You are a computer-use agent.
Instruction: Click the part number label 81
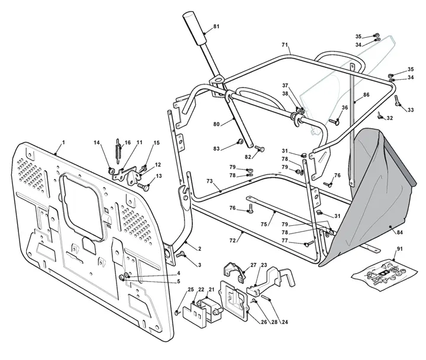click(x=217, y=27)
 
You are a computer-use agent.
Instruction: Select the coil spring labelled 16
click(x=118, y=151)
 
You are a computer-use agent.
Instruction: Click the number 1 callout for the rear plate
click(x=63, y=142)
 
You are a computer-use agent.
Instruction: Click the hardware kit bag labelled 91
click(x=381, y=275)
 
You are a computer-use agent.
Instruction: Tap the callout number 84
click(x=399, y=232)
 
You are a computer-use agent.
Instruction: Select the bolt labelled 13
click(x=144, y=187)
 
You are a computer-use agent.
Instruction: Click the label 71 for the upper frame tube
click(x=285, y=44)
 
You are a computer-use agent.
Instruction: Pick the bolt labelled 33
click(x=398, y=101)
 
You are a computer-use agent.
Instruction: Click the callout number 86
click(x=366, y=95)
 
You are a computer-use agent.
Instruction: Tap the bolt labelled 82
click(x=260, y=149)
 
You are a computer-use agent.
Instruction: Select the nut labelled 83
click(x=240, y=141)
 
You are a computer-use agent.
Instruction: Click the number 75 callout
click(x=264, y=224)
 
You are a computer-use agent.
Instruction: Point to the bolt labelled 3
click(x=180, y=254)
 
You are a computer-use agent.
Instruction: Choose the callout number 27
click(x=253, y=265)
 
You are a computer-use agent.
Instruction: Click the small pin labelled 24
click(x=266, y=297)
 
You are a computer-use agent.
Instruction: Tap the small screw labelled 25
click(x=177, y=313)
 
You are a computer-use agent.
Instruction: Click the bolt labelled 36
click(x=334, y=122)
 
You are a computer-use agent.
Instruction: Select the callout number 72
click(x=233, y=241)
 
